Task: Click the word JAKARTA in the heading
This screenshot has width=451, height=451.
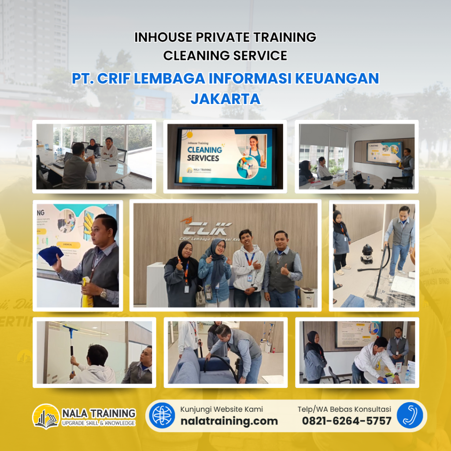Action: point(225,98)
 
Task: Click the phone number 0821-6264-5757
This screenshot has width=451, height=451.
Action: point(346,421)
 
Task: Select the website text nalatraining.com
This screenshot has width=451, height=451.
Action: point(229,421)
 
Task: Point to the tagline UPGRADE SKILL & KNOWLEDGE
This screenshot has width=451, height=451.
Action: point(98,423)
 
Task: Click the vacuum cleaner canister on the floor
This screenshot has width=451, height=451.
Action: point(367,254)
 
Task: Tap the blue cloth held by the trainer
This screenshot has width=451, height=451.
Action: point(51,255)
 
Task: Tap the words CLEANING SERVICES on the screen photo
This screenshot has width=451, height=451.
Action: point(204,153)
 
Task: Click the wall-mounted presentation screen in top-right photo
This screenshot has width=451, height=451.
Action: point(384,152)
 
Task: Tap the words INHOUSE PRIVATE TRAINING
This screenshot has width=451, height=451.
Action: point(225,37)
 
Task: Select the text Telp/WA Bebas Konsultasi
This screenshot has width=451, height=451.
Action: point(344,409)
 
